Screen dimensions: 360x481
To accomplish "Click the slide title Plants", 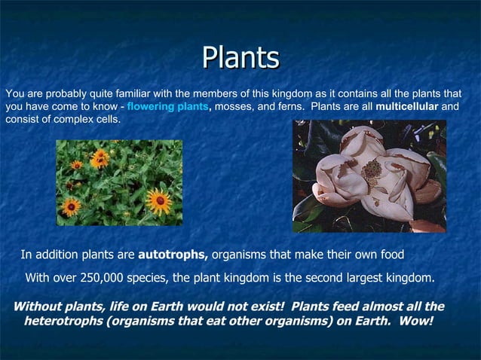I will (x=240, y=59).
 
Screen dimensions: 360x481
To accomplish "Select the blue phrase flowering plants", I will (x=167, y=107).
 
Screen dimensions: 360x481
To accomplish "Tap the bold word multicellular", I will (x=407, y=107).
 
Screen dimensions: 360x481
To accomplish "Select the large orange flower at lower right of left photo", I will (x=158, y=200).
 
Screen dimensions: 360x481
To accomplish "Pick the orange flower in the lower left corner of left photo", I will (x=70, y=206).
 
